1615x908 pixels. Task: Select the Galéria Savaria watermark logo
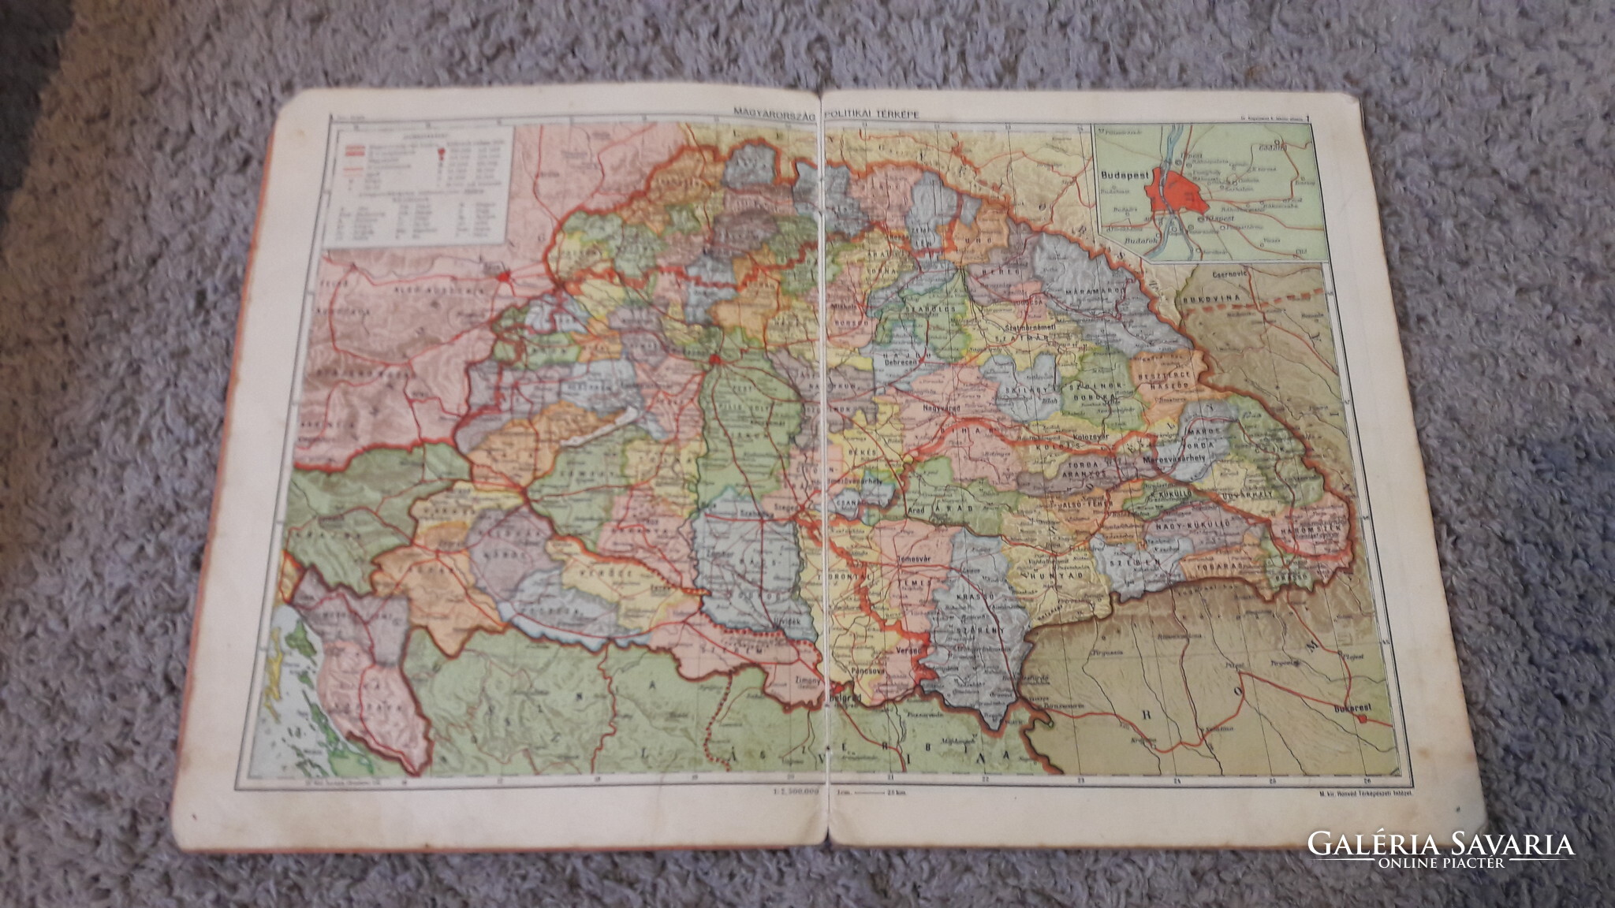(x=1441, y=849)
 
